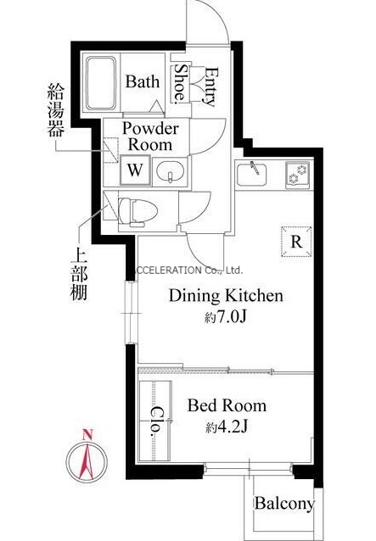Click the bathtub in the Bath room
click(101, 83)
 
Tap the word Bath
click(143, 81)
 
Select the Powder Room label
click(150, 137)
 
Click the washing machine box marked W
click(135, 170)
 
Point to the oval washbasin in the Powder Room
click(170, 170)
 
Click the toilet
click(137, 211)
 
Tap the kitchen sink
click(252, 174)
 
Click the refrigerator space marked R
click(296, 242)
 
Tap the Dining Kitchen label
click(226, 296)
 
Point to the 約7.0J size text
click(226, 317)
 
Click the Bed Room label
click(227, 405)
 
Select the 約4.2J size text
click(227, 428)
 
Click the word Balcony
click(285, 504)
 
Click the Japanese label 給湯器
click(55, 109)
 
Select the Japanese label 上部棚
click(79, 275)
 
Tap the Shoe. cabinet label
click(181, 83)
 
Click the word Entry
click(211, 86)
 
